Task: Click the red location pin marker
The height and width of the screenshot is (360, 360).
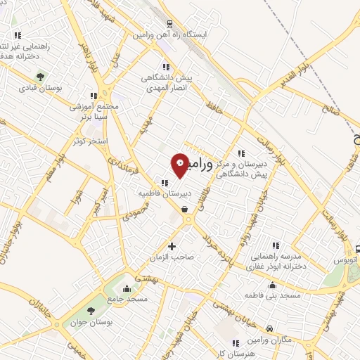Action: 181,165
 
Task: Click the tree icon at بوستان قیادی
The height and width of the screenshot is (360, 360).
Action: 41,77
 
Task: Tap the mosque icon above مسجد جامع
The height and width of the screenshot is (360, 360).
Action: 127,288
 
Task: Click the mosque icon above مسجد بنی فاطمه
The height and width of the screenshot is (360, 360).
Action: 272,285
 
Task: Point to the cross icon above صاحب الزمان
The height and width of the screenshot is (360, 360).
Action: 172,246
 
